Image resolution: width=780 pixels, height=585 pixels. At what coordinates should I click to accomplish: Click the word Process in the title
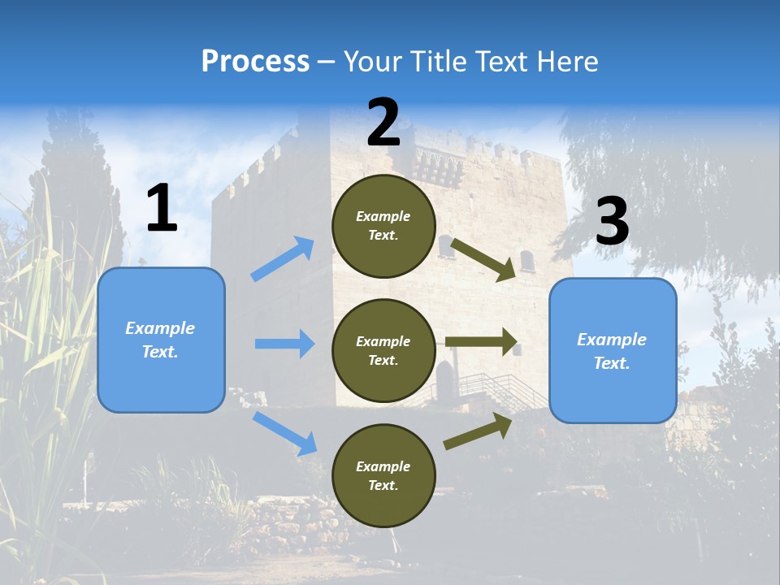[x=255, y=62]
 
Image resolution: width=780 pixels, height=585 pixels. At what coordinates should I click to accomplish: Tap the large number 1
[x=162, y=209]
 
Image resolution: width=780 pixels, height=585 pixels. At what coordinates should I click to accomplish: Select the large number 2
[x=383, y=123]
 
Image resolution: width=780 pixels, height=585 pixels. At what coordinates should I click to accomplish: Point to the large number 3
[x=612, y=222]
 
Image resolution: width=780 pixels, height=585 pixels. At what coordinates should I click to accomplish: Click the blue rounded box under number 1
[x=161, y=340]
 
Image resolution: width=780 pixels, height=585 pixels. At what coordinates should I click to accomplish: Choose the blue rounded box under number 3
[x=613, y=350]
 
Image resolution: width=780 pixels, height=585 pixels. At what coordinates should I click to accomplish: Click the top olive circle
[x=383, y=226]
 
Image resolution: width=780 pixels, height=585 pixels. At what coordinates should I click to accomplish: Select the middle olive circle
[x=383, y=350]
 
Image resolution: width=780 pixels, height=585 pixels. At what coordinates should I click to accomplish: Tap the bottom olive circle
[x=383, y=475]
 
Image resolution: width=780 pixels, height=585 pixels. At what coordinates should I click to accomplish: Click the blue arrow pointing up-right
[x=282, y=259]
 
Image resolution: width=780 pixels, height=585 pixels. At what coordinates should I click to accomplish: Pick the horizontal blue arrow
[x=284, y=344]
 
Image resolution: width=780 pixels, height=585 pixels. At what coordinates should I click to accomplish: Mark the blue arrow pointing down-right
[x=284, y=432]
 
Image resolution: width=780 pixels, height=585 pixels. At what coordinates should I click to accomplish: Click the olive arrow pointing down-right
[x=483, y=259]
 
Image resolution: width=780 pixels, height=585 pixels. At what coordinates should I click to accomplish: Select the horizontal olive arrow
[x=481, y=342]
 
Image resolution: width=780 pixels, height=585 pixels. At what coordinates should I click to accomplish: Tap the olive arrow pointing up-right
[x=478, y=431]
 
